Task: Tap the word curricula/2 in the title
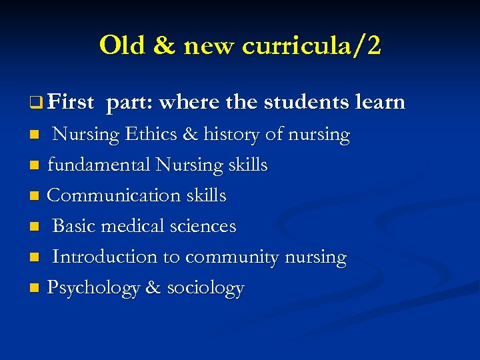click(312, 45)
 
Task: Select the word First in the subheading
click(71, 102)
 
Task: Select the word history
click(232, 135)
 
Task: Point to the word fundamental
click(98, 165)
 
